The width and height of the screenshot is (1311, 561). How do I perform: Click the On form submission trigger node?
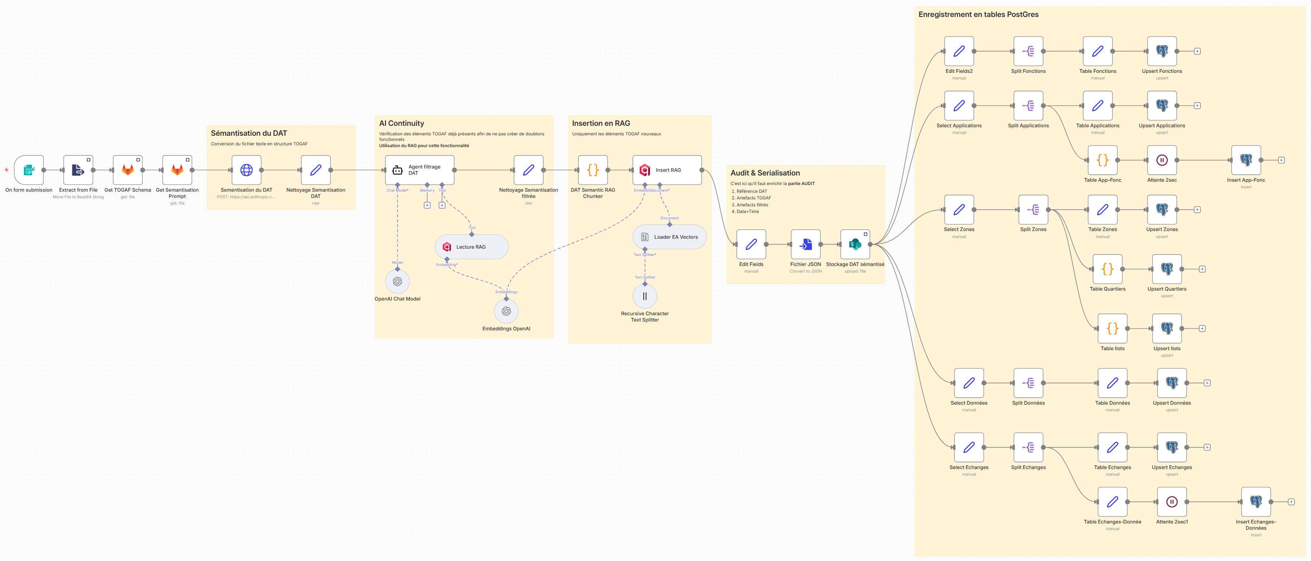pos(29,170)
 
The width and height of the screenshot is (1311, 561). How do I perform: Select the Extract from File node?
pos(78,170)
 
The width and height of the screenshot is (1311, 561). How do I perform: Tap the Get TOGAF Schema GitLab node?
pos(127,170)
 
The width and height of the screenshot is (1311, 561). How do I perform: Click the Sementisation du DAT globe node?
pos(246,170)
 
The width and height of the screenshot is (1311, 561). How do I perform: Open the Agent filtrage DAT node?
pos(420,170)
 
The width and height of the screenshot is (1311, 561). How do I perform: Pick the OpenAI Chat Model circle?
pos(397,281)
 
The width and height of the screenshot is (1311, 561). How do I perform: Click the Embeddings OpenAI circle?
pos(506,311)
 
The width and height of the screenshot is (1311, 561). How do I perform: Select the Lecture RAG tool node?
pos(471,247)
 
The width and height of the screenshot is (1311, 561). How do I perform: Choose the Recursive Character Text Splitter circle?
pos(645,296)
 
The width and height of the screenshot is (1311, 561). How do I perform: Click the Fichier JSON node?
pos(805,244)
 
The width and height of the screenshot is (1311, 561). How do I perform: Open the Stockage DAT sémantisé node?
pos(855,244)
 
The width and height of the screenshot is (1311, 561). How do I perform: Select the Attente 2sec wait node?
pos(1162,160)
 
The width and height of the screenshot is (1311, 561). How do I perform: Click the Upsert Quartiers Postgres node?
pos(1167,269)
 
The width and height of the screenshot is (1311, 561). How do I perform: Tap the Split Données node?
pos(1028,383)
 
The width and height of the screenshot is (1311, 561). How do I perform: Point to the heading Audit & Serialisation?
pos(765,173)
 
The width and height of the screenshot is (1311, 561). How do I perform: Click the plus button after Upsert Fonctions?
pos(1197,52)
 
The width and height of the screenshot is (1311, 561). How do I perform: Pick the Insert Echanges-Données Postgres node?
pos(1255,502)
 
